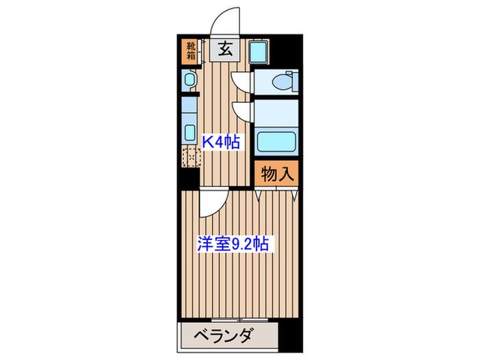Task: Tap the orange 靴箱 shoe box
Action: [x=189, y=52]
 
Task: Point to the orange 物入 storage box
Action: [x=277, y=174]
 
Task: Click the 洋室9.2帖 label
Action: [x=235, y=243]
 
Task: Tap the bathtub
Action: [x=276, y=141]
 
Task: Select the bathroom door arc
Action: [x=241, y=112]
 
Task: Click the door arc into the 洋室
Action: [x=211, y=203]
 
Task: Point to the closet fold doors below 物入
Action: [x=276, y=195]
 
